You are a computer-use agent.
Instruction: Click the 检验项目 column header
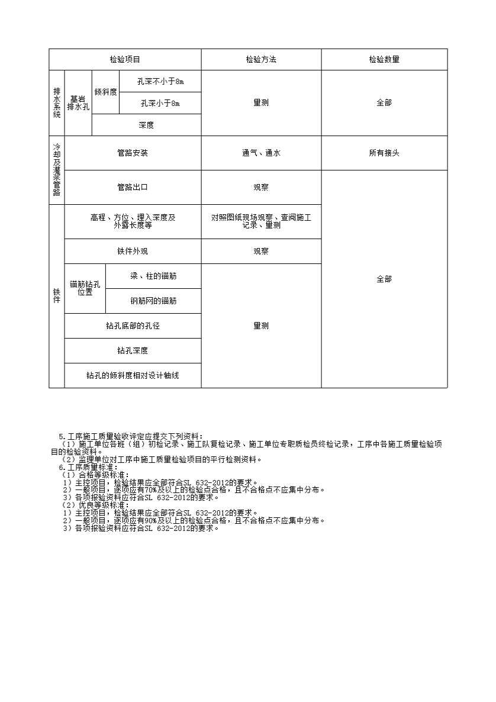point(125,60)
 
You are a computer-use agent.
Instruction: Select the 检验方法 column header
point(261,60)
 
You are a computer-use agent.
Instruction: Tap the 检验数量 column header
point(384,60)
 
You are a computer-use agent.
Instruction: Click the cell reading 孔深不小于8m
point(160,82)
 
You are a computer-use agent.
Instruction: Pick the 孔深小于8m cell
point(160,103)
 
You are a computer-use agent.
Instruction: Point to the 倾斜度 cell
point(105,92)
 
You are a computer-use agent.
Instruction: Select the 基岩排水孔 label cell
point(78,103)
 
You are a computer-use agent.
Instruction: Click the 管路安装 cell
point(133,153)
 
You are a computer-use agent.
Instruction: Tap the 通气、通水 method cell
point(261,153)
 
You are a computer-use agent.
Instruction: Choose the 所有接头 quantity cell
point(384,153)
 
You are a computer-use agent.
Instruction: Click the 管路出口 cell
point(133,187)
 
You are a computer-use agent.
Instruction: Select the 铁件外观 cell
point(133,251)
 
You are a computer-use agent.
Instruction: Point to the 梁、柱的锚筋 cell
point(153,276)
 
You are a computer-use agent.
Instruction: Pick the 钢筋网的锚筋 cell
point(153,301)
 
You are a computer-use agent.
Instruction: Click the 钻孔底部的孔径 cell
point(133,326)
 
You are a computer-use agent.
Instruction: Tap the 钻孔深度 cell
point(133,350)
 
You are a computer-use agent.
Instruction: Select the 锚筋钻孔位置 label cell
point(85,288)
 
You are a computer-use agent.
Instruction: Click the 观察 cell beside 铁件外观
point(261,251)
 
